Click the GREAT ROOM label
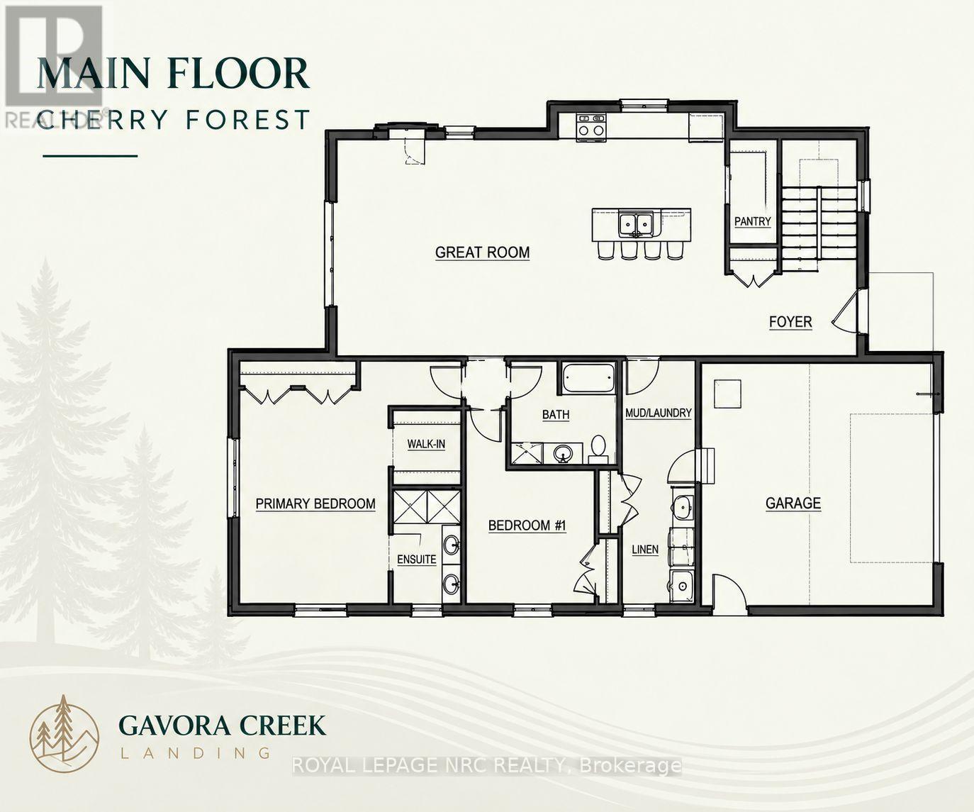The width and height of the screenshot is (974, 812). pyautogui.click(x=482, y=252)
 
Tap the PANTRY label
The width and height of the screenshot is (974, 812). pyautogui.click(x=752, y=221)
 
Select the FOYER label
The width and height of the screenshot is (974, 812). pyautogui.click(x=790, y=322)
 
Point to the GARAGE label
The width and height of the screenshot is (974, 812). pyautogui.click(x=793, y=503)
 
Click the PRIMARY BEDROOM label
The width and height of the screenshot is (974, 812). pyautogui.click(x=315, y=504)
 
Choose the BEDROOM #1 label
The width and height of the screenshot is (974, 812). pyautogui.click(x=527, y=525)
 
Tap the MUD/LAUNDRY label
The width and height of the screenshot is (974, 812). pyautogui.click(x=659, y=413)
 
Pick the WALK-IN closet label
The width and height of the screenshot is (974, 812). pyautogui.click(x=426, y=444)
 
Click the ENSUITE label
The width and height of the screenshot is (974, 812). pyautogui.click(x=417, y=559)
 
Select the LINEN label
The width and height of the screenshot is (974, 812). pyautogui.click(x=645, y=550)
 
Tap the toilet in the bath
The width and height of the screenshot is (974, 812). pyautogui.click(x=598, y=449)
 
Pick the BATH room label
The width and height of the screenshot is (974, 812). pyautogui.click(x=556, y=414)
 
